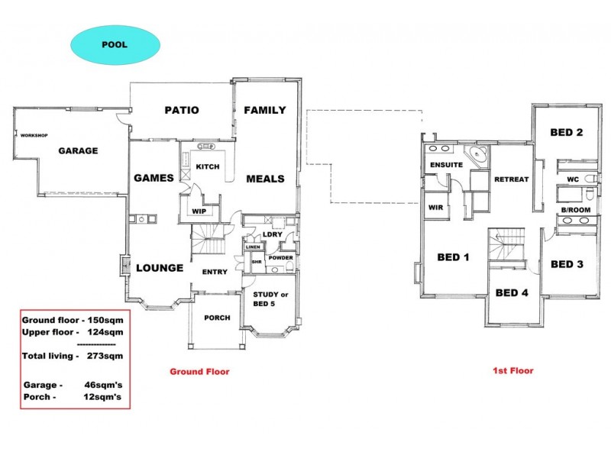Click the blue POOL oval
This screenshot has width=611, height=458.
click(x=115, y=44)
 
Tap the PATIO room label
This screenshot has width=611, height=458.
click(x=182, y=110)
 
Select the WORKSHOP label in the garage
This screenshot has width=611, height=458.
click(x=34, y=135)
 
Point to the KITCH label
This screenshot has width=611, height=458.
click(x=208, y=166)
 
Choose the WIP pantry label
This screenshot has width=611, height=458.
click(x=199, y=211)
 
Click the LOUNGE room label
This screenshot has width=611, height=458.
click(x=160, y=268)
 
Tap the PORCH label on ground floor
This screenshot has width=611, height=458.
click(x=218, y=318)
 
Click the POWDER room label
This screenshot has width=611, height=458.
click(x=280, y=258)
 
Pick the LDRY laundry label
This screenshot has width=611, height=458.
click(x=273, y=234)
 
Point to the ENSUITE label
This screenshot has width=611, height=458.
click(x=445, y=165)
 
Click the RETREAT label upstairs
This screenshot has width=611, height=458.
click(x=511, y=179)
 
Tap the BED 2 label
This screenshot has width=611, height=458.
click(x=567, y=132)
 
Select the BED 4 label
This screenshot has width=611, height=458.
click(x=512, y=292)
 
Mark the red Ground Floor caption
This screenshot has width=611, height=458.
click(x=199, y=372)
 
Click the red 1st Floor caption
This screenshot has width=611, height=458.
click(x=512, y=371)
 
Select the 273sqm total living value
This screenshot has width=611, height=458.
click(x=104, y=356)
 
